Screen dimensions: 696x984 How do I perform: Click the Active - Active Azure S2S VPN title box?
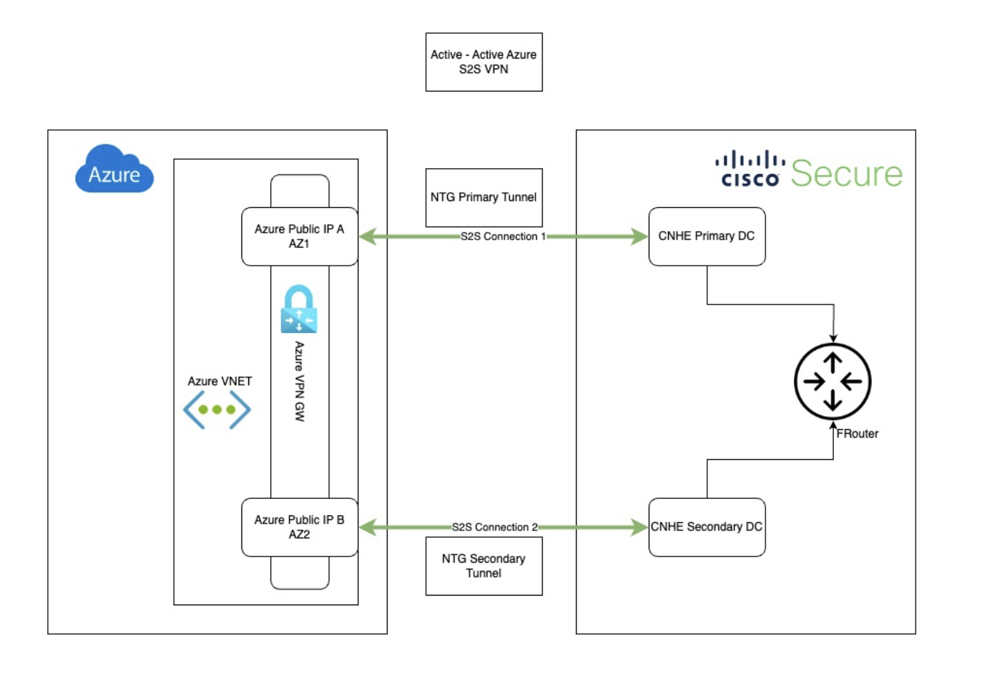click(x=483, y=62)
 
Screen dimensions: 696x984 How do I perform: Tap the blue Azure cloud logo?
click(x=114, y=170)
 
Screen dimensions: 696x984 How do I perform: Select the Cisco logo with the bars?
click(x=750, y=169)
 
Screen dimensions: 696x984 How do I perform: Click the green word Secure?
click(x=847, y=174)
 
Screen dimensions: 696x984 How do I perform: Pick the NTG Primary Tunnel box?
click(x=483, y=197)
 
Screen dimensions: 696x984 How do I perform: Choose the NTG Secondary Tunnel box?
click(x=483, y=566)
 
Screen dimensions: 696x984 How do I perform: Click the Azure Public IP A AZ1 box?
click(x=299, y=236)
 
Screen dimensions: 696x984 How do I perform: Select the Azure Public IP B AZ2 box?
click(x=299, y=527)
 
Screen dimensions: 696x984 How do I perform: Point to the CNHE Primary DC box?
click(x=706, y=236)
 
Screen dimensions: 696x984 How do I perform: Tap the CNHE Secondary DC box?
click(x=706, y=527)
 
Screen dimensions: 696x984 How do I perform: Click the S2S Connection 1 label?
click(x=503, y=237)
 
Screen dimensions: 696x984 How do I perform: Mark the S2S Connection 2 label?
click(x=494, y=527)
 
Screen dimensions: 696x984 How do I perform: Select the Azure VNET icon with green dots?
click(x=216, y=409)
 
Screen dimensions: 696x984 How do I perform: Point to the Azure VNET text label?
click(x=220, y=381)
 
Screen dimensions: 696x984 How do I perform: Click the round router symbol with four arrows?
click(x=832, y=381)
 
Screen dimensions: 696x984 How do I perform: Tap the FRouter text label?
click(x=857, y=434)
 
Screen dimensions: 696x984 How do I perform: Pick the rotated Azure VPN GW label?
click(x=299, y=381)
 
